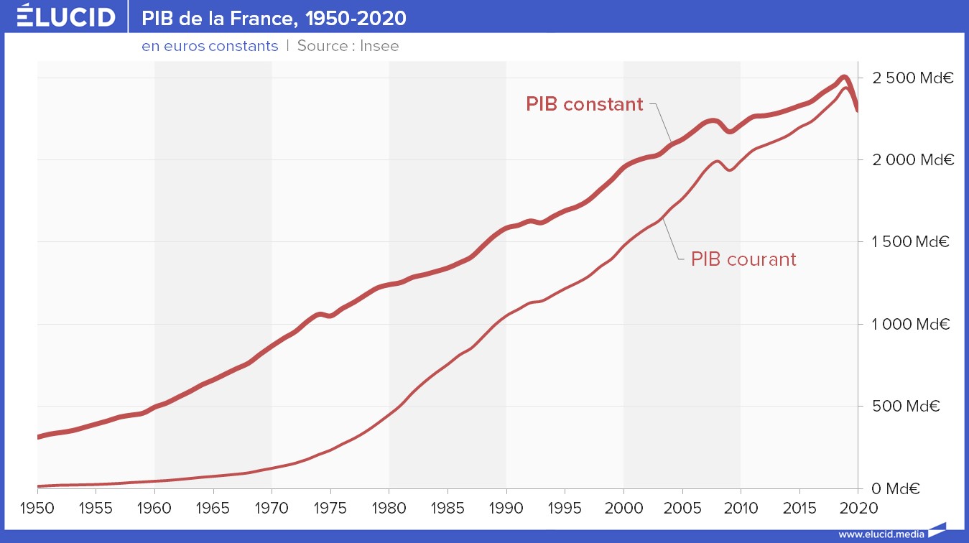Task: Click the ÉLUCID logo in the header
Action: (65, 16)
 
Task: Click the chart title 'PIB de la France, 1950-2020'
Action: (274, 17)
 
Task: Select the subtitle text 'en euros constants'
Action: (210, 46)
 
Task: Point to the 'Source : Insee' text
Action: (348, 46)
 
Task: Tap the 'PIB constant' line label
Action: (584, 104)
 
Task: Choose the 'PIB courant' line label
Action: (743, 259)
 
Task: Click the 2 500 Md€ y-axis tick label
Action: (912, 78)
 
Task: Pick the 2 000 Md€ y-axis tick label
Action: (912, 159)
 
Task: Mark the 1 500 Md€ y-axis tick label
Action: (912, 242)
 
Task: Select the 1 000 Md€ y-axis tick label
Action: (912, 324)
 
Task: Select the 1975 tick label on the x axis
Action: (330, 509)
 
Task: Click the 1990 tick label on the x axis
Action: (506, 509)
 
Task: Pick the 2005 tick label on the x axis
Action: (682, 509)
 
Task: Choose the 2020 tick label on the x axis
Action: (858, 509)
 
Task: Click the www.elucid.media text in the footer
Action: (880, 534)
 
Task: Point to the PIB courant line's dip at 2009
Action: (730, 170)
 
